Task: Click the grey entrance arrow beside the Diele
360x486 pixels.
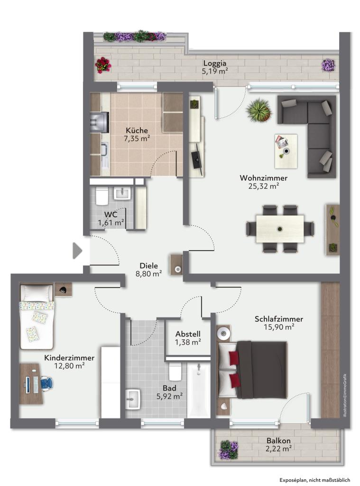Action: tap(77, 251)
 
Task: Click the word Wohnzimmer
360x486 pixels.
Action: tap(263, 178)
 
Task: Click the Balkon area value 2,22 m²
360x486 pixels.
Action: tap(278, 448)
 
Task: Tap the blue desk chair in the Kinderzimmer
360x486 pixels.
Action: tap(46, 383)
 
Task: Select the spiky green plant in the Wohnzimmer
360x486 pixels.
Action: tap(258, 110)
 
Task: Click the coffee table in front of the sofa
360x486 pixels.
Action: tap(286, 151)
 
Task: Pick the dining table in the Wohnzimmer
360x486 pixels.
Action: tap(280, 229)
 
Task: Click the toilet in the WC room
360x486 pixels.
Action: tap(102, 196)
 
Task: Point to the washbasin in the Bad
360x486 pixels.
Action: tap(133, 399)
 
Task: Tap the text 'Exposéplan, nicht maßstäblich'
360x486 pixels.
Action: tap(315, 480)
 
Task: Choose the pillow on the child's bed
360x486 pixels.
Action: tap(37, 291)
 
